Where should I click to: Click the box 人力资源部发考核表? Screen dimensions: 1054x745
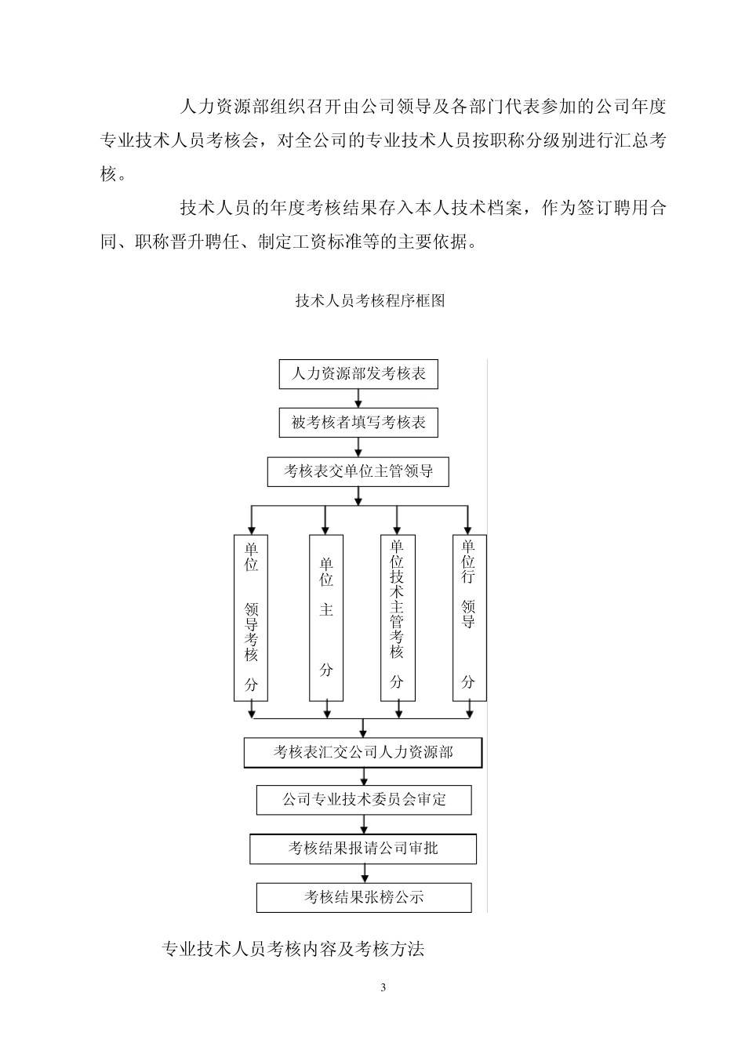(x=358, y=374)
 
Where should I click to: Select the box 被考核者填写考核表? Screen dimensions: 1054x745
(x=358, y=423)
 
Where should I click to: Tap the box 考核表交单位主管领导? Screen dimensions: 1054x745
(x=358, y=472)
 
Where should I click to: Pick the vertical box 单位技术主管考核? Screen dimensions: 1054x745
(x=398, y=617)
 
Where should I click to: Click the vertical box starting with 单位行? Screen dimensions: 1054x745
(x=469, y=617)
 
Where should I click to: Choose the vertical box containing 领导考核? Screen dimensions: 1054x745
(x=251, y=617)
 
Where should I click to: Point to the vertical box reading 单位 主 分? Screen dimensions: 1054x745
(x=326, y=617)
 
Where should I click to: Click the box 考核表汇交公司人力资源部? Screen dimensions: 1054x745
(x=363, y=752)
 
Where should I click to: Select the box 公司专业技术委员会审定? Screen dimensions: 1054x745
(x=364, y=800)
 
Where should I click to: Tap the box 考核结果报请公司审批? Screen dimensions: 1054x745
(x=363, y=849)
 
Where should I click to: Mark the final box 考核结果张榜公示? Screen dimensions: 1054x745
(x=364, y=897)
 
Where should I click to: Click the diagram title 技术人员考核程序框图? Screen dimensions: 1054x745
(x=370, y=300)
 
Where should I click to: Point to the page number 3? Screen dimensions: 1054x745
(x=383, y=987)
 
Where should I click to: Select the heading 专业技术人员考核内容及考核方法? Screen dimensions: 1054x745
(x=293, y=949)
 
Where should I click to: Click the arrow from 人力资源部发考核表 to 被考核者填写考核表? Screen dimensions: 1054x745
(x=359, y=398)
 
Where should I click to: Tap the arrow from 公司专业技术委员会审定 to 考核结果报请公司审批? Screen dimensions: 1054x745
(x=363, y=824)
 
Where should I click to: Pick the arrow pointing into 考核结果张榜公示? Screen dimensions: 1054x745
(x=363, y=874)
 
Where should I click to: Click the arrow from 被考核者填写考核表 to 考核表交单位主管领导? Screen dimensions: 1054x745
(x=359, y=448)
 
